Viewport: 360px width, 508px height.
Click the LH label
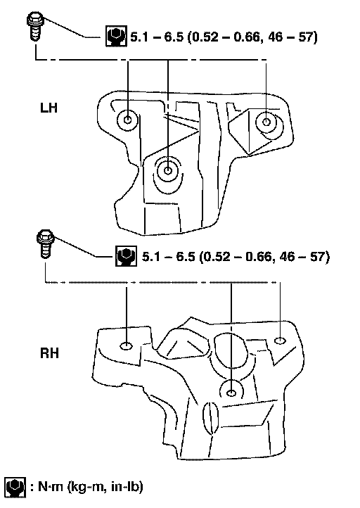(x=49, y=108)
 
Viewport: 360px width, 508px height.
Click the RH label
(x=49, y=353)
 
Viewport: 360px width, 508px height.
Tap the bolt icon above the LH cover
(x=34, y=26)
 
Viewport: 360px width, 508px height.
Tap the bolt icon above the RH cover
(x=45, y=243)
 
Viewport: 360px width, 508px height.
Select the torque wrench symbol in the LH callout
(x=116, y=36)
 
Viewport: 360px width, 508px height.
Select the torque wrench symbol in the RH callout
(x=127, y=256)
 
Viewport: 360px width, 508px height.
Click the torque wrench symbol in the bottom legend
(x=15, y=487)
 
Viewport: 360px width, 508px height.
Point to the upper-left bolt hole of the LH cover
(x=128, y=120)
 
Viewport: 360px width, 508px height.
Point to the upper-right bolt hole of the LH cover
(x=266, y=122)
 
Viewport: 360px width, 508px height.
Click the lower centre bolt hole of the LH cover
(x=168, y=170)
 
